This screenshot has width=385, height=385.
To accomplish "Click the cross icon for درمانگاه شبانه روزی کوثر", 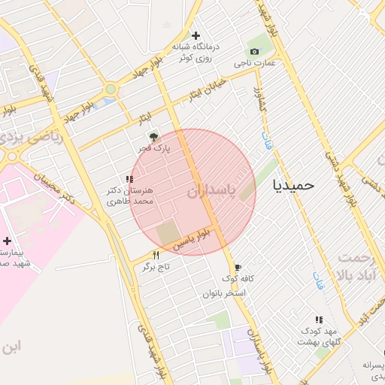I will point(196,35).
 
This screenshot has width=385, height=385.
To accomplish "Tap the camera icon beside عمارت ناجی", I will point(254,51).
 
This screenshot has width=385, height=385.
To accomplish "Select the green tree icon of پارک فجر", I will point(153,137).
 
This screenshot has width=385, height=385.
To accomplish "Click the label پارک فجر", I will point(153,149).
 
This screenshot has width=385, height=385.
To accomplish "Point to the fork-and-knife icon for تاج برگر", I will point(156,255).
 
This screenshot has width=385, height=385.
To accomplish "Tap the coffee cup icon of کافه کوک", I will point(238,267).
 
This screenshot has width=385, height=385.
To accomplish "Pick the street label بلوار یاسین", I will point(200,240).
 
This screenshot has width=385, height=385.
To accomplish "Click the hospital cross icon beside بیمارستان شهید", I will point(8,241).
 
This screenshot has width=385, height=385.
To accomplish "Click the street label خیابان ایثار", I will point(206,92).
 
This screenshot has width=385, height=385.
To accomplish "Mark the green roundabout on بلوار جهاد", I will point(111,89).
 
